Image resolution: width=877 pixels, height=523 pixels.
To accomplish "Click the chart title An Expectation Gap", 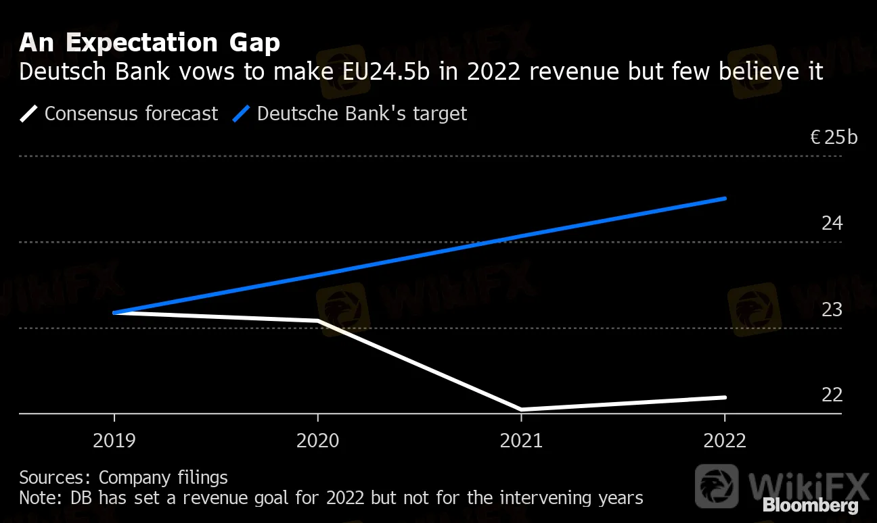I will coord(149,43).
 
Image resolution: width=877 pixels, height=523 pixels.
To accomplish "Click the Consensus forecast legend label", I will coord(131,114).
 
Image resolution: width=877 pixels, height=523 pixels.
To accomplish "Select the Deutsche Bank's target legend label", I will coord(362,114).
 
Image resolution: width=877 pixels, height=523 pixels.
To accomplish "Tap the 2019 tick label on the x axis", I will coord(114,441).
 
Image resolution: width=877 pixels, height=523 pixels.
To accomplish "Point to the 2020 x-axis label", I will coord(318,441).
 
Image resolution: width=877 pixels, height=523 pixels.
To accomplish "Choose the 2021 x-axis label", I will coord(521,441).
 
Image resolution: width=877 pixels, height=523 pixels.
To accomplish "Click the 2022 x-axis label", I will coord(725,441).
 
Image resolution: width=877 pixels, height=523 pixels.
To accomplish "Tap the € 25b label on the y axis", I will coord(834,138).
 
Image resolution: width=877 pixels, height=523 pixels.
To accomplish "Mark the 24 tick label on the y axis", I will coord(832,223).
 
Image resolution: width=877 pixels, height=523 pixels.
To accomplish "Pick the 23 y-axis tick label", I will coord(832,309).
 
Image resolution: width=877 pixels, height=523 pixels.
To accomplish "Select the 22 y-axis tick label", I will coord(832,395).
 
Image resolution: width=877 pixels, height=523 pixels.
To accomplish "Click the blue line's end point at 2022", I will coord(725,199).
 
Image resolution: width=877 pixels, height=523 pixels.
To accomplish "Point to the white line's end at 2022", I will coord(725,397).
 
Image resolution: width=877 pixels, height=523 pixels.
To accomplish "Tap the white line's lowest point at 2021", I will coord(521,409).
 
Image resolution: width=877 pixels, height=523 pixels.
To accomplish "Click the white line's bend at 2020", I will coord(318,321).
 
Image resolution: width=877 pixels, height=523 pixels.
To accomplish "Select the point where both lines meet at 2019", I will coord(114,313).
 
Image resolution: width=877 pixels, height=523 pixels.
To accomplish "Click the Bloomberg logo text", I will coord(810,505).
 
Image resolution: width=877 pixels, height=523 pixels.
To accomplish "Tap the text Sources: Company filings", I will coord(123,478).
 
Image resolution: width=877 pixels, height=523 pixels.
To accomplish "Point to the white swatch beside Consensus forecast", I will coord(29,114).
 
